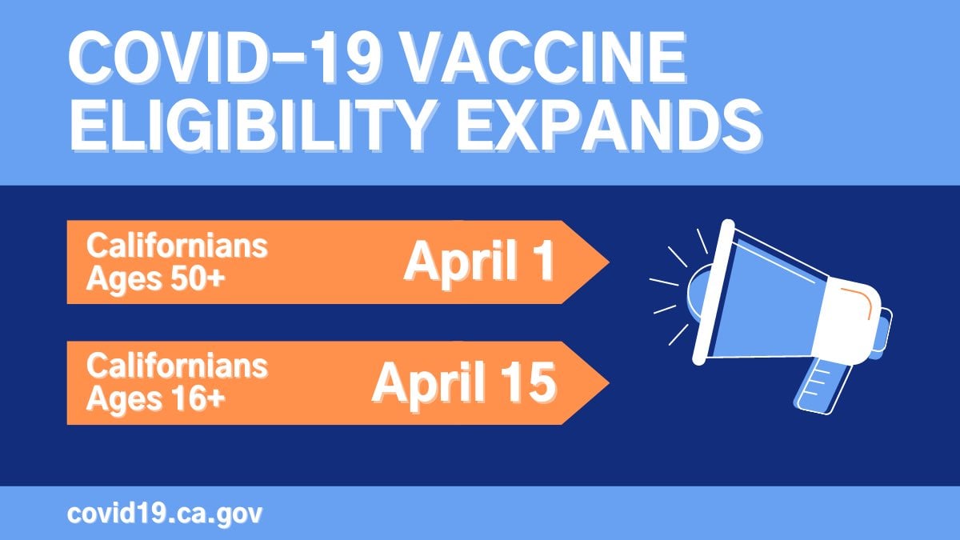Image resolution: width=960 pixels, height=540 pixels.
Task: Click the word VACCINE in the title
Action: [544, 58]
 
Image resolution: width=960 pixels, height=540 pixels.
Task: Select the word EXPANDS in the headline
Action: [610, 124]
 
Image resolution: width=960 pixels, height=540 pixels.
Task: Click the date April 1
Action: [479, 262]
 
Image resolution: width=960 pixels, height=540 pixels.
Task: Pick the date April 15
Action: [464, 382]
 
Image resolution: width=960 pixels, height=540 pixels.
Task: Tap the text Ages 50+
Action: [155, 280]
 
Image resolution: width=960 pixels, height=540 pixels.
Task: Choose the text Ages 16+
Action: [155, 399]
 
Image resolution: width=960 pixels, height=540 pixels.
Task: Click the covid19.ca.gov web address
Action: [165, 514]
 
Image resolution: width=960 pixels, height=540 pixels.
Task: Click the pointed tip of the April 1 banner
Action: [609, 262]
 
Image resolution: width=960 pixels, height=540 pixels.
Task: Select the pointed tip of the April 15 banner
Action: [609, 382]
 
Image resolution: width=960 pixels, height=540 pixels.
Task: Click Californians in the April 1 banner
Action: [177, 246]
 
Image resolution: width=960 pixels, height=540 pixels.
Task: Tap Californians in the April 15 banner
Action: [177, 366]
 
